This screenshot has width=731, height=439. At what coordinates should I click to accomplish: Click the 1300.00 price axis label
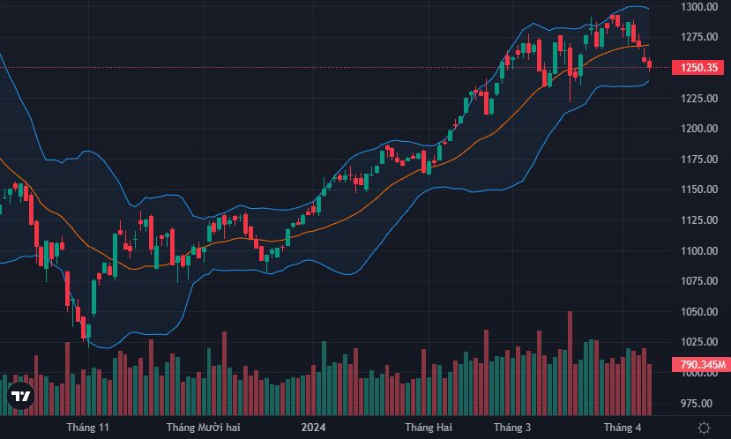(x=697, y=7)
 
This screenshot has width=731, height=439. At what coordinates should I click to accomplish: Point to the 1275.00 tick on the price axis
(x=697, y=37)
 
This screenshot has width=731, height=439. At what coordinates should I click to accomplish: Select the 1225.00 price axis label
(x=697, y=98)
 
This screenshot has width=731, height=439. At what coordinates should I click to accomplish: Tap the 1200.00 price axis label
(x=697, y=129)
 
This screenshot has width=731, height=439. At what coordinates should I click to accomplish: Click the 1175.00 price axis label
(x=697, y=160)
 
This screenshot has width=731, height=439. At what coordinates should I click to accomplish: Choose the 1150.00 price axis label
(x=697, y=190)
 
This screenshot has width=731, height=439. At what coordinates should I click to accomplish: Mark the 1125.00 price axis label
(x=697, y=220)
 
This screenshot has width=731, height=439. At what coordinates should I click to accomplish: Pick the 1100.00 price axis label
(x=697, y=251)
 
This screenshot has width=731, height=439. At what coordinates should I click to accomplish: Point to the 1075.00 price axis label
(x=697, y=281)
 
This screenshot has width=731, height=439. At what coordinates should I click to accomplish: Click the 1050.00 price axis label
(x=697, y=312)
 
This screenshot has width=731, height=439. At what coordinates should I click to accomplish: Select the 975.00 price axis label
(x=697, y=403)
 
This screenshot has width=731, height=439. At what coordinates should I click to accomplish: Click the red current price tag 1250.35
(x=697, y=68)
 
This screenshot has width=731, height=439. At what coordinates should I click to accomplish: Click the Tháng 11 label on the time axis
(x=88, y=428)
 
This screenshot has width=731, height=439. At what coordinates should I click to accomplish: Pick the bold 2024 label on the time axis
(x=314, y=428)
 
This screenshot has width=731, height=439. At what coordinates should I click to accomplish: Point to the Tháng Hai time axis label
(x=429, y=428)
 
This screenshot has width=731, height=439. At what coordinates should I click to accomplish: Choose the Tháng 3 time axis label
(x=512, y=428)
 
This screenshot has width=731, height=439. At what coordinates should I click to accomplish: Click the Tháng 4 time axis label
(x=623, y=428)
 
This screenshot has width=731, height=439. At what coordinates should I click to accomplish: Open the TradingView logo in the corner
(x=20, y=397)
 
